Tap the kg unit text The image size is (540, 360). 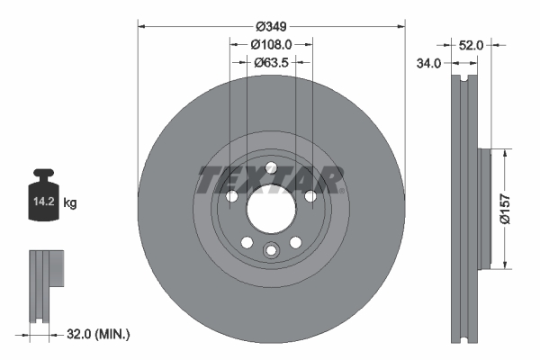point(70,204)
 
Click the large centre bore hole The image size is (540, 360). point(271,211)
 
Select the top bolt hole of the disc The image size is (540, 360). point(271,166)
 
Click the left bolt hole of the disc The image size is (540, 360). point(230,197)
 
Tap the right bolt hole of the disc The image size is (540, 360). point(310,197)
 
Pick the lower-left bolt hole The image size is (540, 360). point(246,242)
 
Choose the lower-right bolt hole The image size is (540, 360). point(296,242)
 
